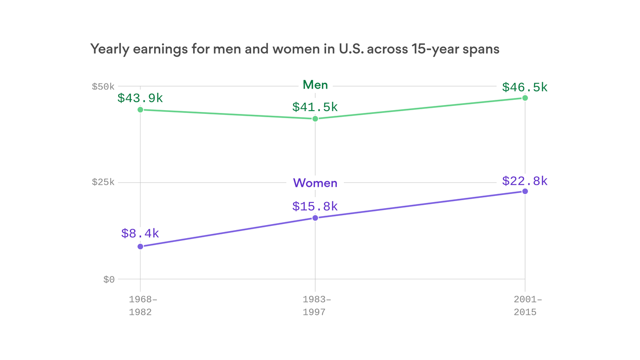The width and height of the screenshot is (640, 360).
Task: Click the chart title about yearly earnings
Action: click(294, 49)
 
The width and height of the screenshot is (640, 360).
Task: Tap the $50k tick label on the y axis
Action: click(103, 87)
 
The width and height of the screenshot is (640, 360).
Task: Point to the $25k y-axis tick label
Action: click(103, 182)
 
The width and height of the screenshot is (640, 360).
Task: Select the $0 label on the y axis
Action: click(109, 280)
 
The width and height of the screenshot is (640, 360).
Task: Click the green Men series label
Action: click(315, 85)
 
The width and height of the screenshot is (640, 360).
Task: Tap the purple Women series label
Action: click(315, 183)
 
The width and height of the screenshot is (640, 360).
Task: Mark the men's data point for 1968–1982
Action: click(140, 110)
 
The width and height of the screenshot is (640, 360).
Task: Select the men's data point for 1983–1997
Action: click(315, 119)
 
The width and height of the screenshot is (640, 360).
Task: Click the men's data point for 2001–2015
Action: click(525, 98)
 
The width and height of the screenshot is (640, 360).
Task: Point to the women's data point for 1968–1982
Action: click(140, 247)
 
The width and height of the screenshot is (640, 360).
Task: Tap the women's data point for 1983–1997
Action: click(315, 218)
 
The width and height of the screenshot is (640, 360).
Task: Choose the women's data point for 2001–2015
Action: click(525, 191)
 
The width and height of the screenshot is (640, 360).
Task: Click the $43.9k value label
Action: click(140, 98)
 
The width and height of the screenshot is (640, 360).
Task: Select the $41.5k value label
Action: click(315, 107)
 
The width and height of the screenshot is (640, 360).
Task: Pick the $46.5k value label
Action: click(525, 87)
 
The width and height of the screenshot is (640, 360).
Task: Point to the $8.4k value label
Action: click(140, 233)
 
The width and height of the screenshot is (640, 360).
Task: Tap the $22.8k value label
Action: click(525, 181)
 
